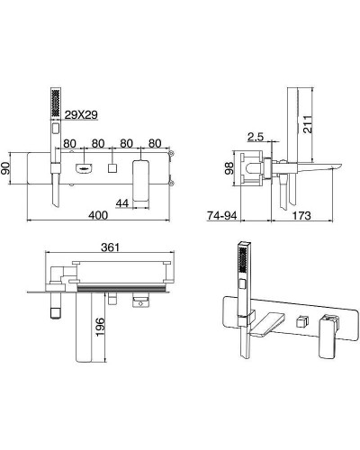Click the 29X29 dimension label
pyautogui.click(x=81, y=114)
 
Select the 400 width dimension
pyautogui.click(x=98, y=215)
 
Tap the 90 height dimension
pyautogui.click(x=5, y=168)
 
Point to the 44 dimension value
pyautogui.click(x=122, y=203)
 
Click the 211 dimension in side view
pyautogui.click(x=308, y=124)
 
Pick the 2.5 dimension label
pyautogui.click(x=256, y=137)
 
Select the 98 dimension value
pyautogui.click(x=229, y=168)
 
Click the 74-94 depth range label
pyautogui.click(x=222, y=215)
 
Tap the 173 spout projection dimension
pyautogui.click(x=301, y=215)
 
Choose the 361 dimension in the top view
pyautogui.click(x=110, y=247)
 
